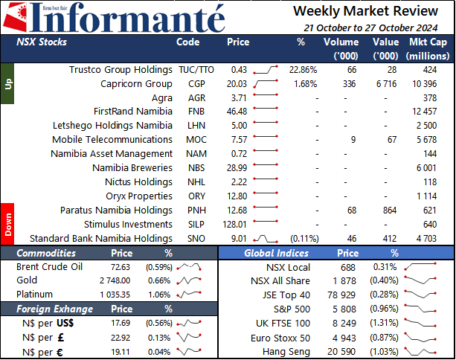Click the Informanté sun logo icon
click(15, 17)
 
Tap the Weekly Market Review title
click(365, 11)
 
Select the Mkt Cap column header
click(428, 48)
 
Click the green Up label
click(7, 84)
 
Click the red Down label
click(7, 224)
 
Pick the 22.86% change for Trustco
click(303, 70)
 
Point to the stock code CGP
click(196, 84)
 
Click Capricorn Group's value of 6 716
click(386, 84)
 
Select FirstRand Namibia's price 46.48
click(237, 112)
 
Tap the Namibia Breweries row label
click(132, 168)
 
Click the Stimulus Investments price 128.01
click(234, 225)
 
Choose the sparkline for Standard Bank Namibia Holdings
click(266, 239)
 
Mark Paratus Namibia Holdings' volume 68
click(352, 210)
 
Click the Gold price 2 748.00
click(115, 280)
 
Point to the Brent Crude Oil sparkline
click(189, 267)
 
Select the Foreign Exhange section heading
click(54, 309)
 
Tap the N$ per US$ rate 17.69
click(121, 323)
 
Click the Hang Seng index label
click(286, 352)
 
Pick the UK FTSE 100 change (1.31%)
click(384, 323)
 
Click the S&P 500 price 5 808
click(344, 309)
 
